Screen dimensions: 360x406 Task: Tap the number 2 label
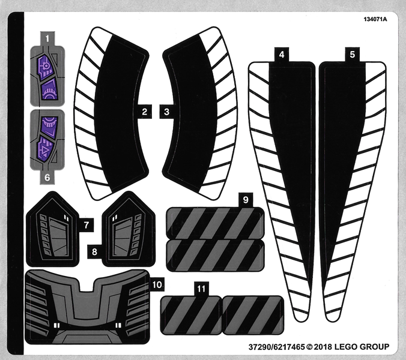[x=145, y=111]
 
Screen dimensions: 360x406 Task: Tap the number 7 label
[x=87, y=225]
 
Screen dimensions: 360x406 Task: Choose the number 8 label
[x=94, y=252]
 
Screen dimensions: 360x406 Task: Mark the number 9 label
[x=244, y=199]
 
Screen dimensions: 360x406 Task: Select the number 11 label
[x=201, y=289]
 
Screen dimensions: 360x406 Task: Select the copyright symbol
[x=310, y=347]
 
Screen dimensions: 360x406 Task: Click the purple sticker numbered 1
[x=47, y=75]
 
